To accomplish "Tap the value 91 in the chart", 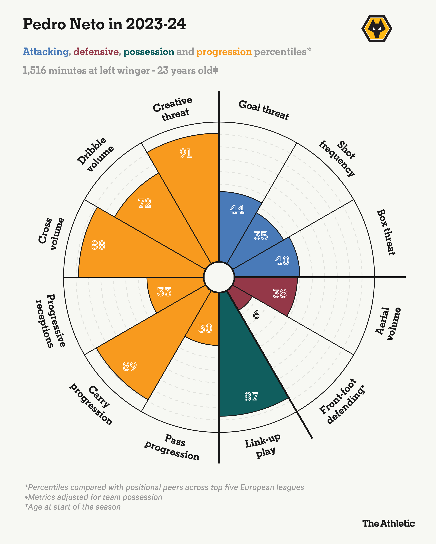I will click(186, 153).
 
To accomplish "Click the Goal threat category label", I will click(264, 110).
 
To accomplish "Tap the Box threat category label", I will click(386, 232).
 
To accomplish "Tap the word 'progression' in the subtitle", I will click(224, 52).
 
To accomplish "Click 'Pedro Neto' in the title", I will click(63, 24).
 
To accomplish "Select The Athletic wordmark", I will click(388, 523).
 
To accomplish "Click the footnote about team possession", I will click(94, 497).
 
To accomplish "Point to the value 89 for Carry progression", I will click(130, 366).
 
